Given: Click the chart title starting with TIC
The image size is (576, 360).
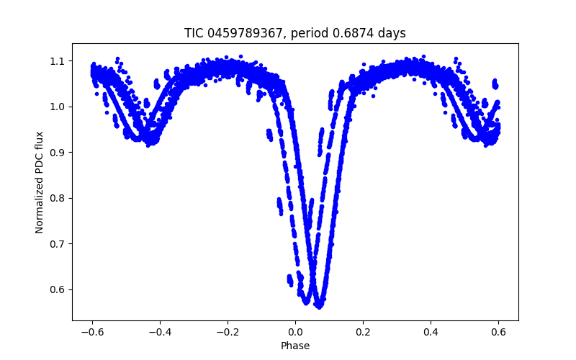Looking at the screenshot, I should coord(295,33).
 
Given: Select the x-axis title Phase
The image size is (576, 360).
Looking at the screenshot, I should coord(295,346).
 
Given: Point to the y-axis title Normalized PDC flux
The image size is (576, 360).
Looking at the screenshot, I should coord(40,181).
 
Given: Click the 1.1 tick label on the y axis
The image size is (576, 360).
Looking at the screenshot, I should coord(58,61).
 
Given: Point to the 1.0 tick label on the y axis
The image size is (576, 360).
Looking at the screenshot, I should coord(58,107).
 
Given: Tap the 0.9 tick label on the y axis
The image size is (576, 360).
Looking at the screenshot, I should coord(58,153).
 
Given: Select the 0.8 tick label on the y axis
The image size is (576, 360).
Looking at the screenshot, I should coord(58,198).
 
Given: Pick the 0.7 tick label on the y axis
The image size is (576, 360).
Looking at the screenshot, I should coord(58,244).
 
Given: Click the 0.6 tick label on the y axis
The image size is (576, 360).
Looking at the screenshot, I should coord(58,289).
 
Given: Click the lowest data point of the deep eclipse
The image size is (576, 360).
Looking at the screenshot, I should coord(319,306).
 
